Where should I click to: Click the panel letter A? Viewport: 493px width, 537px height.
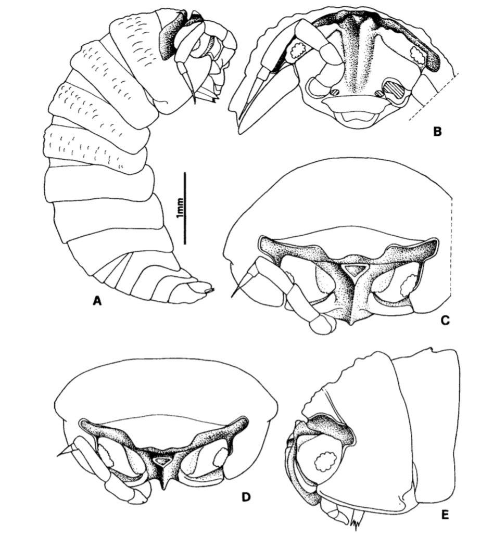coord(98,301)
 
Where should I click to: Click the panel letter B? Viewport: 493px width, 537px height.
coord(437,132)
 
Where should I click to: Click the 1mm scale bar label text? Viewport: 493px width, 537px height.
coord(180,208)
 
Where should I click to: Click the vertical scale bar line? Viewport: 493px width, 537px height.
coord(185,208)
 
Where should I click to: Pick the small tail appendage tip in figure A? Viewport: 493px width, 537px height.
coord(210,291)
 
